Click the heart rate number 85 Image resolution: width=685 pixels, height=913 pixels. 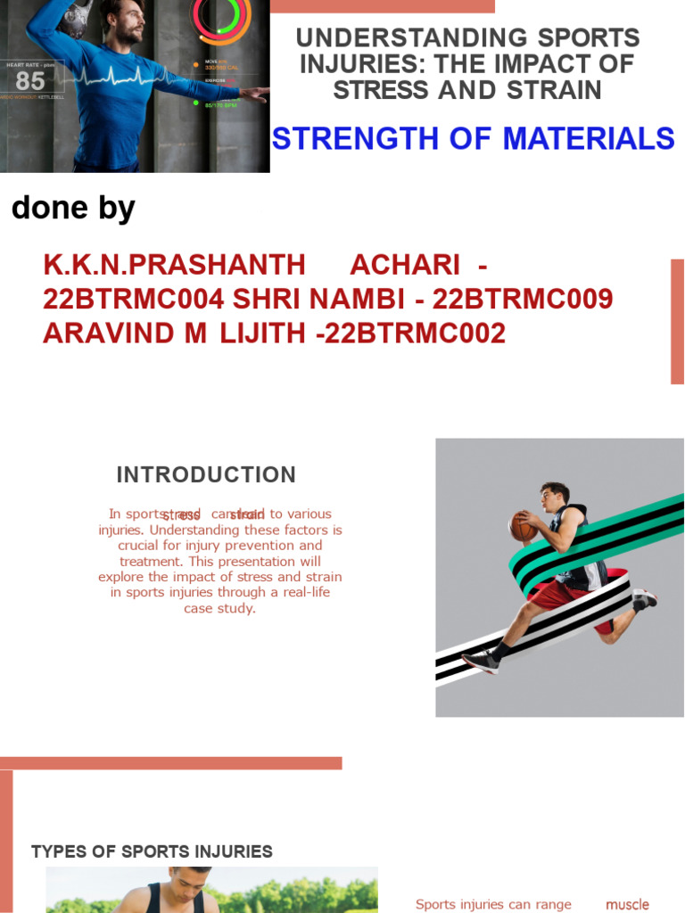pos(29,81)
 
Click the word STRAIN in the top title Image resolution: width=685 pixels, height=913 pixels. pos(556,90)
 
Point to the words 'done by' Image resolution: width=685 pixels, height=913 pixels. pos(73,209)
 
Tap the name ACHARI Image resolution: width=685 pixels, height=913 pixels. pos(405,266)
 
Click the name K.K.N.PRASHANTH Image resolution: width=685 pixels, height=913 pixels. pos(174,266)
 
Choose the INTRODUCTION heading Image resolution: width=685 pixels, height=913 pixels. pos(207,474)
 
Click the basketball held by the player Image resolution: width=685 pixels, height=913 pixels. pos(523,526)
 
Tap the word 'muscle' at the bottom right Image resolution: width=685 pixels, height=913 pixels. pos(627,904)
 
